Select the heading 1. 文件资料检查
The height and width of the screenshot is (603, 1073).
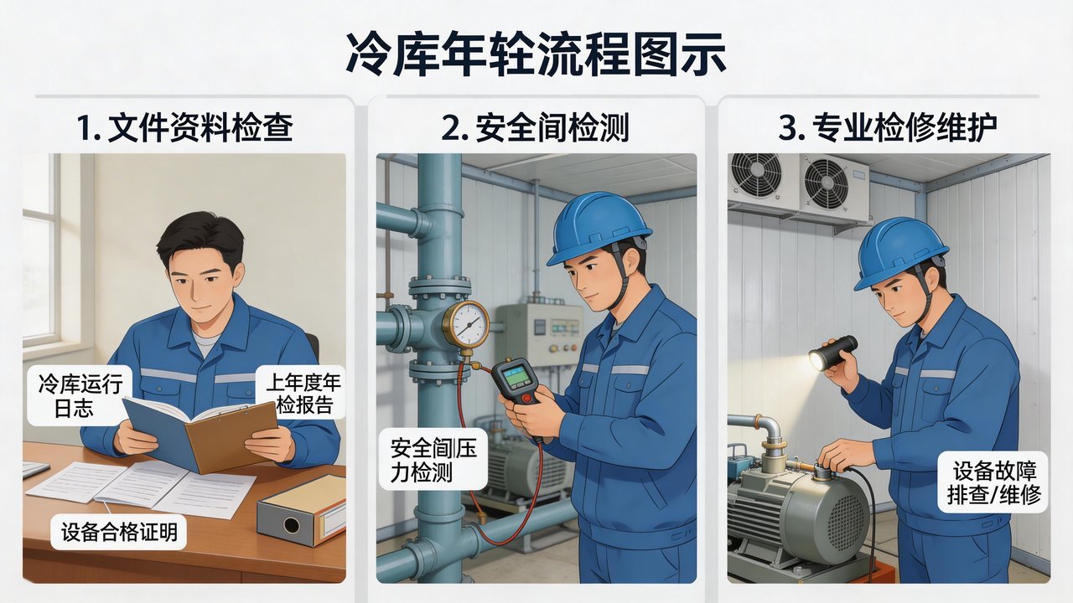click(184, 128)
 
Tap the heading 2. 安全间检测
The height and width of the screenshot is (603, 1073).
click(536, 128)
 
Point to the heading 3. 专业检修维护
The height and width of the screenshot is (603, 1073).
click(888, 128)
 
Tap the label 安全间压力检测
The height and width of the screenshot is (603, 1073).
click(433, 460)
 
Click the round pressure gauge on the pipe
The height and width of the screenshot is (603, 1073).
click(465, 325)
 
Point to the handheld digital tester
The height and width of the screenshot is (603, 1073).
click(516, 381)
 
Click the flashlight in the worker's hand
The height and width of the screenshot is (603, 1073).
click(832, 353)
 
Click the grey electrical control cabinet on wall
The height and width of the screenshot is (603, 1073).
click(539, 334)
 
